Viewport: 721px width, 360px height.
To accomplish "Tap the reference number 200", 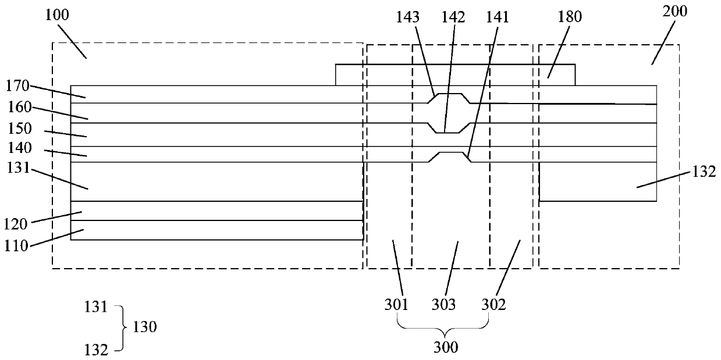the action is pyautogui.click(x=675, y=12).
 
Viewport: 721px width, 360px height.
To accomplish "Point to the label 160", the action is pyautogui.click(x=19, y=108).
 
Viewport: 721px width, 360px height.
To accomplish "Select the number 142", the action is pyautogui.click(x=454, y=17).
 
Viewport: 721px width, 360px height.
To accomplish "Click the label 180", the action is pyautogui.click(x=570, y=17).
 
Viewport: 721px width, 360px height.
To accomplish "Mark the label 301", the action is pyautogui.click(x=396, y=304).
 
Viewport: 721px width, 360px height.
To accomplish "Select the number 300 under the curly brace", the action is pyautogui.click(x=446, y=347).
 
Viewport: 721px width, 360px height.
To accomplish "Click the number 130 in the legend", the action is pyautogui.click(x=145, y=327).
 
